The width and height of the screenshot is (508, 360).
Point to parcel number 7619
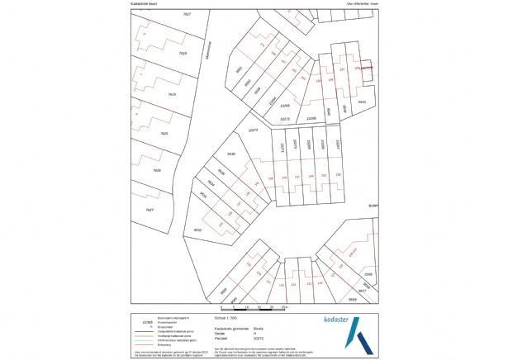coord(172,94)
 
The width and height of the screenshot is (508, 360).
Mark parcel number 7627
coord(150,210)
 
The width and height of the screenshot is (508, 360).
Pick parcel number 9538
coord(231,154)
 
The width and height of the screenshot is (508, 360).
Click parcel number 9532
coord(197,230)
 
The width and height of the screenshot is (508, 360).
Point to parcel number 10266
coord(311,119)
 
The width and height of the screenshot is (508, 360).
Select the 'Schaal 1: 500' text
coord(227,315)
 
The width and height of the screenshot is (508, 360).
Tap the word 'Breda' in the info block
coord(259,328)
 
